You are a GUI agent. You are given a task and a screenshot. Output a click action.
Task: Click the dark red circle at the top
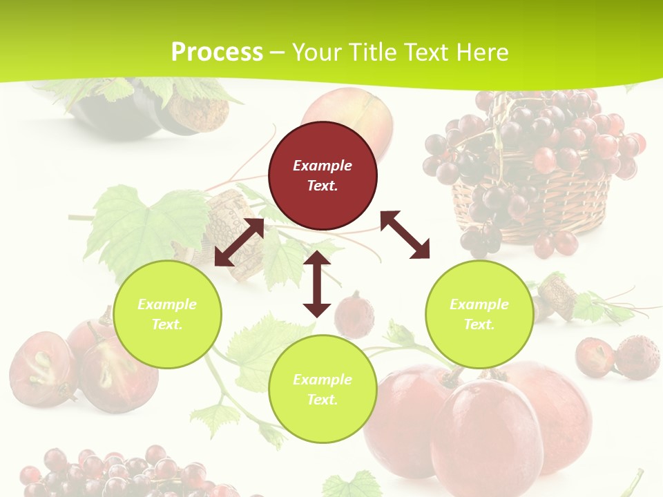[323, 175]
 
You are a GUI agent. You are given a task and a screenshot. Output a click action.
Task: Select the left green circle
[167, 314]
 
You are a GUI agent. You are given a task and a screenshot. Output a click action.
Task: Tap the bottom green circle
[323, 389]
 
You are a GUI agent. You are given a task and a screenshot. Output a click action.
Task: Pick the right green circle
[479, 314]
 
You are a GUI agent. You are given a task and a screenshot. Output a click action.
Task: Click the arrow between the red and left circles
[239, 242]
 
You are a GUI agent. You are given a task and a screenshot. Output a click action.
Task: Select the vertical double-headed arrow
[317, 284]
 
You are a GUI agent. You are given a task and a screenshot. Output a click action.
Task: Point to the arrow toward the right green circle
[405, 235]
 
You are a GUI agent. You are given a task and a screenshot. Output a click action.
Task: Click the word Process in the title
[217, 52]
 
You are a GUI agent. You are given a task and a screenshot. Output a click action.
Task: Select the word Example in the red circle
[323, 166]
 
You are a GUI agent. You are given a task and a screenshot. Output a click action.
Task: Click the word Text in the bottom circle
[321, 400]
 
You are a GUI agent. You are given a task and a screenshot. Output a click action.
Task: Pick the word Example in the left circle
[167, 304]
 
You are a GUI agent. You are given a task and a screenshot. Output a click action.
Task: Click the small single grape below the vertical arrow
[354, 315]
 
